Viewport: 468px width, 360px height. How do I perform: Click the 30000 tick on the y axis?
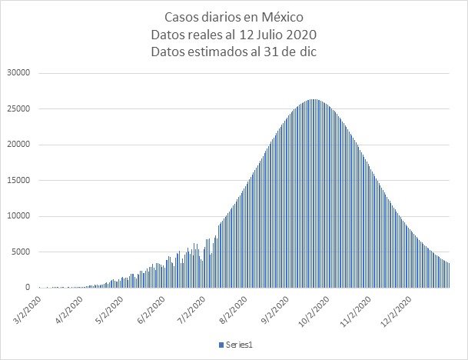coord(17,73)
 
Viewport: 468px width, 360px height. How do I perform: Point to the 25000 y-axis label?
coord(17,108)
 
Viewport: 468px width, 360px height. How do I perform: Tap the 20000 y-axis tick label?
coord(17,145)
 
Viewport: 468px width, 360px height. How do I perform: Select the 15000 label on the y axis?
coord(17,180)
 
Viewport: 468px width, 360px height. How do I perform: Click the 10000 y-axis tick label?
coord(17,216)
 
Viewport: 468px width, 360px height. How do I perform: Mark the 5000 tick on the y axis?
coord(20,252)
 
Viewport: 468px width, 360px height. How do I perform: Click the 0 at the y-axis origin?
coord(28,287)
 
